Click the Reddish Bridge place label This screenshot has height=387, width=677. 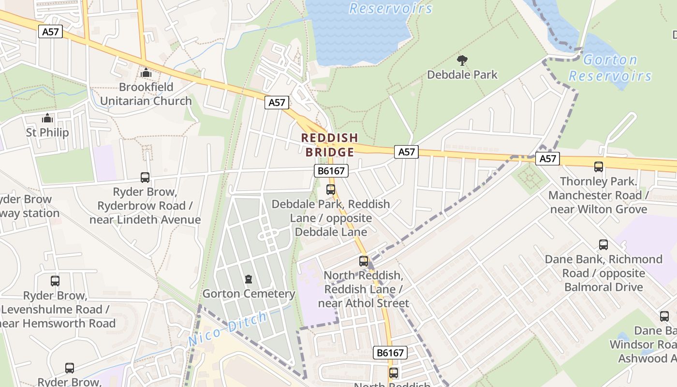(x=330, y=145)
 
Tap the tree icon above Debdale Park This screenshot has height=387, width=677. (x=462, y=60)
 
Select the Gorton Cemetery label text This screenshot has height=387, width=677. (x=249, y=294)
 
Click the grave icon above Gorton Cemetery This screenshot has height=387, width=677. (x=249, y=279)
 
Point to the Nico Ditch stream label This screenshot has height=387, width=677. (x=227, y=329)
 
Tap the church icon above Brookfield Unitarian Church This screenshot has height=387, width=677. (x=146, y=73)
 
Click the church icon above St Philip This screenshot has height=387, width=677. (x=47, y=118)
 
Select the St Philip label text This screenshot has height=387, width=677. (x=47, y=133)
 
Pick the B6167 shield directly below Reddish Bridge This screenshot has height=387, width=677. (x=331, y=171)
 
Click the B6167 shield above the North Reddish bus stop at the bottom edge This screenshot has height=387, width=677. (x=390, y=353)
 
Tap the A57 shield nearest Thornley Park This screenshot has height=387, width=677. (x=547, y=159)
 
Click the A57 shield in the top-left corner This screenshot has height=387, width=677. (x=51, y=32)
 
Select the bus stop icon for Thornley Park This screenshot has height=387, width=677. (x=599, y=167)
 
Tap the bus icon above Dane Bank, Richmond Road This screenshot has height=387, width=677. (x=603, y=245)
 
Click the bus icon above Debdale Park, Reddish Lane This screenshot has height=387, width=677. (x=331, y=190)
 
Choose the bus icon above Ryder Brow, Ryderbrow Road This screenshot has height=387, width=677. (x=145, y=178)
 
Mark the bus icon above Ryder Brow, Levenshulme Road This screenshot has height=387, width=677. (x=55, y=281)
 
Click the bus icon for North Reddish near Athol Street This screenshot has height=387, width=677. (x=364, y=261)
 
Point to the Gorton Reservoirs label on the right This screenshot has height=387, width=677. (x=610, y=68)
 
